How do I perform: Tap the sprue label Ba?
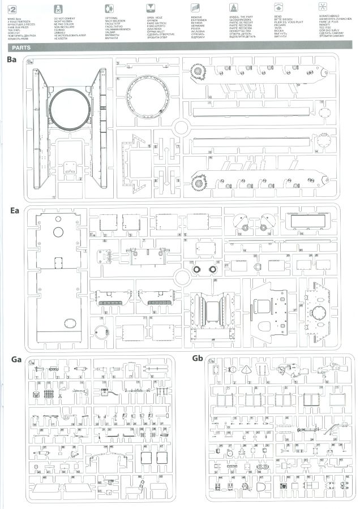tap(12, 61)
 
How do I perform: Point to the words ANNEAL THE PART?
tap(241, 18)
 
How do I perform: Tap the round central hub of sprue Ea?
tap(181, 277)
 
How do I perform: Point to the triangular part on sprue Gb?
tap(247, 370)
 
